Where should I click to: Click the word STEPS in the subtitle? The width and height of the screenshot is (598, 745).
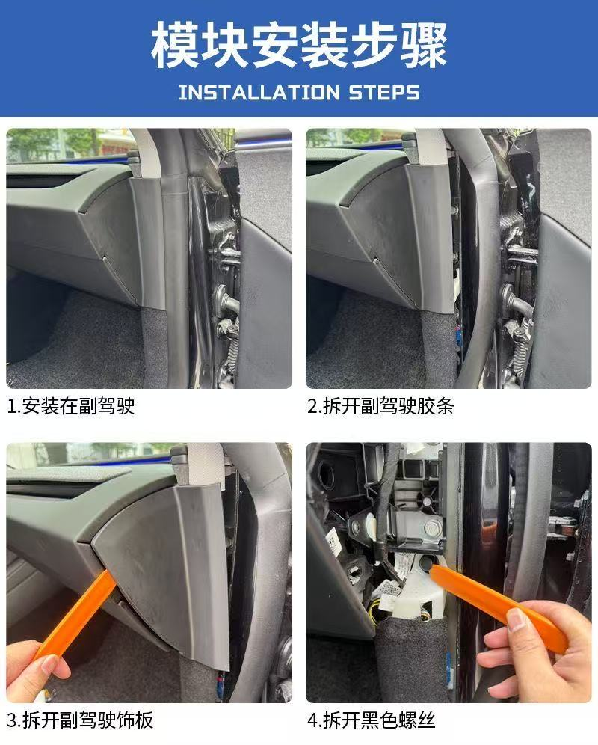pos(383,93)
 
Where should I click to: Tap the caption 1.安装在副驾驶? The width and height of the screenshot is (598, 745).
pos(71,406)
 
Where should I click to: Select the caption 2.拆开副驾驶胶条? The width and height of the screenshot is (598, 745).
pos(380,406)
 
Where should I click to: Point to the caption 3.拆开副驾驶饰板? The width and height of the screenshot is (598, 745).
pos(80,720)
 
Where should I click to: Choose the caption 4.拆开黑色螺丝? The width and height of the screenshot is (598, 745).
pos(371,720)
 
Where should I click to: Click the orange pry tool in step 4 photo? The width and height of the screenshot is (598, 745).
pos(493,598)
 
